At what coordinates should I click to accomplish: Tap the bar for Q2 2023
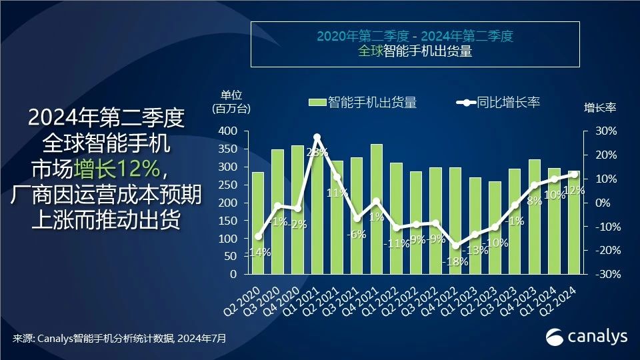point(495,227)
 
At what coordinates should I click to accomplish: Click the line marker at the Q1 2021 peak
point(317,137)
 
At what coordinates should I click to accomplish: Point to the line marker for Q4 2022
point(455,245)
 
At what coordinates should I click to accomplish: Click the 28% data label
point(317,153)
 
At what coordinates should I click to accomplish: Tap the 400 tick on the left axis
point(228,131)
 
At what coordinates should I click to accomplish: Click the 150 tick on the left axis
point(228,221)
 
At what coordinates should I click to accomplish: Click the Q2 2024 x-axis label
point(567,299)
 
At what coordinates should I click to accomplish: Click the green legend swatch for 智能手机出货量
point(317,103)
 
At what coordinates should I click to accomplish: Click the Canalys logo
point(587,337)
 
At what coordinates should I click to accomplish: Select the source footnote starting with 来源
point(119,339)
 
